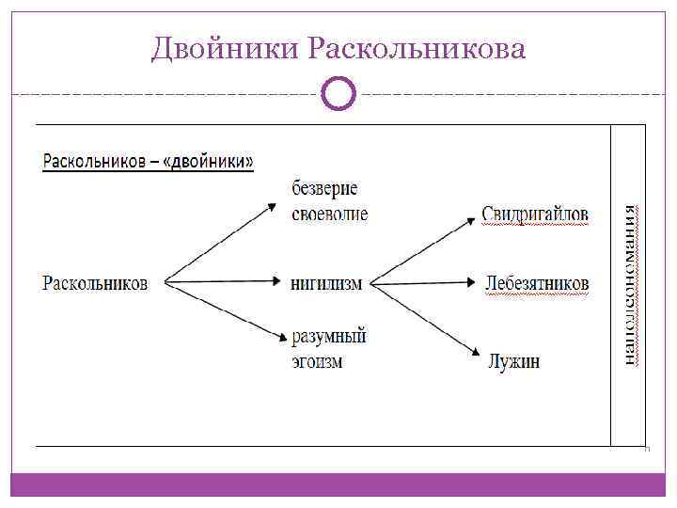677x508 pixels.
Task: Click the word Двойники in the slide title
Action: coord(224,47)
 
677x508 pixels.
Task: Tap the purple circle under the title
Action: coord(338,93)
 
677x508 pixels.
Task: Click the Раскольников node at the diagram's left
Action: coord(95,281)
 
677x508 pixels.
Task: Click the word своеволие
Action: coord(329,213)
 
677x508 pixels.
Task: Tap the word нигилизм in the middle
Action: coord(325,282)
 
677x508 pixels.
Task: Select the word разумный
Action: coord(328,335)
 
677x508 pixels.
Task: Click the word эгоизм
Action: coord(317,360)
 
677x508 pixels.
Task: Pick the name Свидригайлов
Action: coord(535,214)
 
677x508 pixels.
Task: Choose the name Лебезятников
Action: coord(537,282)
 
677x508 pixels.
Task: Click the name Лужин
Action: coord(513,360)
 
